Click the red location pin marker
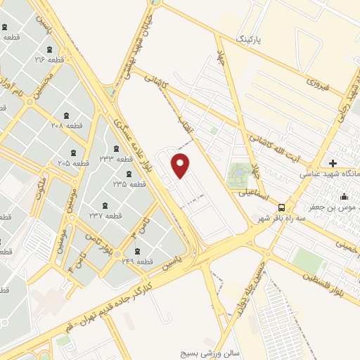[181, 166]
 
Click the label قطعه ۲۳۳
[116, 159]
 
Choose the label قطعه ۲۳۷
[105, 214]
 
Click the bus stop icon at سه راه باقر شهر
[281, 207]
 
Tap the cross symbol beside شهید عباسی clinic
[333, 162]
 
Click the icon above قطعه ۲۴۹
[136, 251]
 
